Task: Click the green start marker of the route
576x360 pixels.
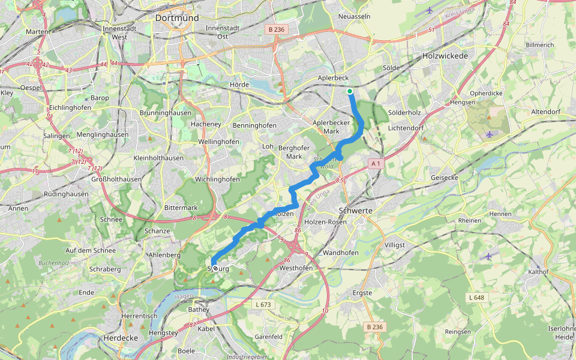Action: click(350, 91)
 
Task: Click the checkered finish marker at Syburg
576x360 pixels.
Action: click(215, 268)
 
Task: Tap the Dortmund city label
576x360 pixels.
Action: click(176, 18)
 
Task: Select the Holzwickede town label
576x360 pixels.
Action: click(445, 55)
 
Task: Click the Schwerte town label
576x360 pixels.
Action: click(355, 211)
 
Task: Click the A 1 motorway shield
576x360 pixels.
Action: click(376, 163)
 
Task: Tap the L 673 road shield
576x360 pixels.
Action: click(263, 305)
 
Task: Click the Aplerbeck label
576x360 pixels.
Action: click(333, 78)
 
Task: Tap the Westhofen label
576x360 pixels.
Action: click(296, 268)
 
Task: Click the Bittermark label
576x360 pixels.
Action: click(181, 208)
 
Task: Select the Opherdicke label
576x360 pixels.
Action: click(486, 94)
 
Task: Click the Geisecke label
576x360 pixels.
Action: click(445, 178)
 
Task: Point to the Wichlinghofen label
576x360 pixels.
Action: click(217, 179)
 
